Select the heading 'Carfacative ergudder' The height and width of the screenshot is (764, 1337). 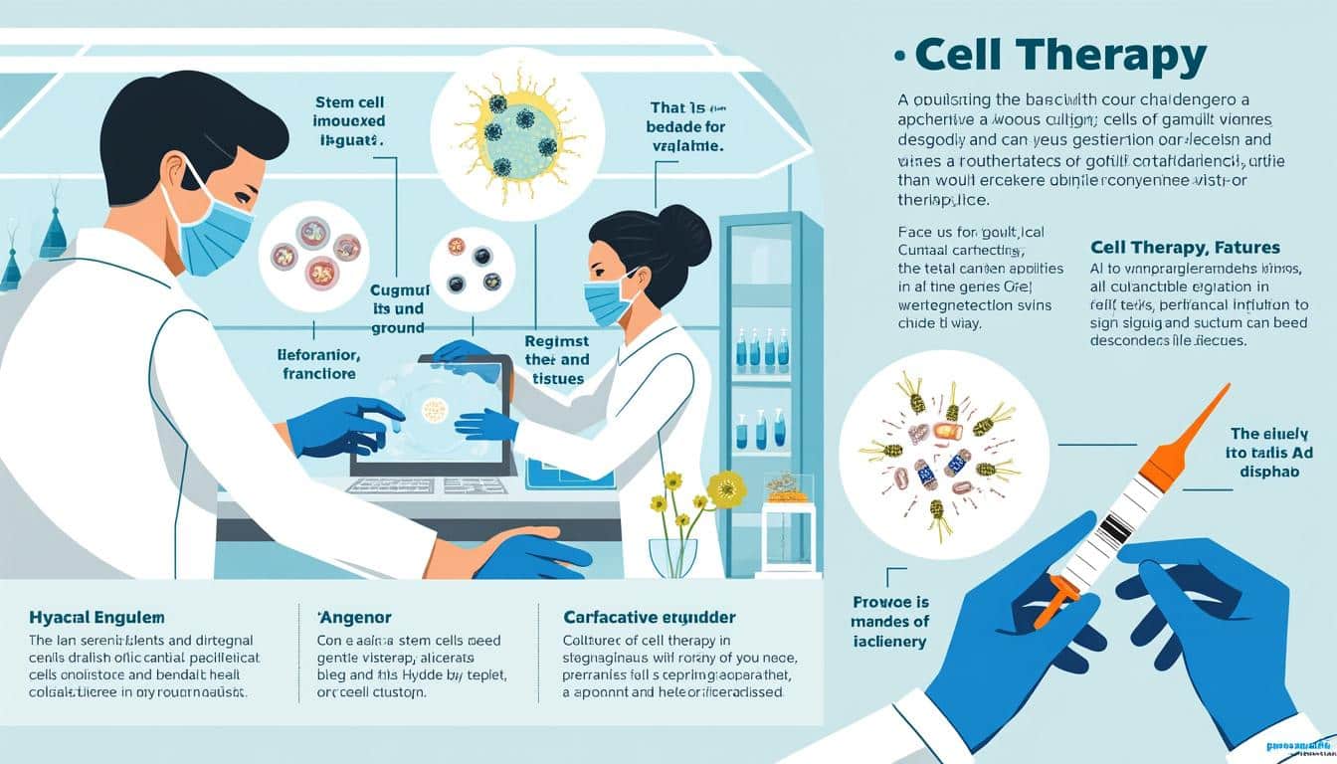[648, 618]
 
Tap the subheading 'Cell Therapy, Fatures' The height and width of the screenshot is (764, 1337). [1185, 247]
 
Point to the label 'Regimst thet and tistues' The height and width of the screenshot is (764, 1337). [556, 360]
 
